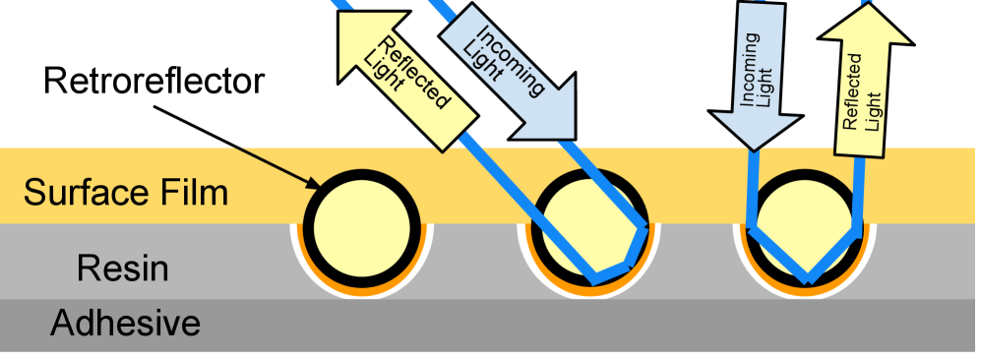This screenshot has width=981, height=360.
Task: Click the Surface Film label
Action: coord(126,192)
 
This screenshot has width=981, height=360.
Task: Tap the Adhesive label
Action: coord(126,322)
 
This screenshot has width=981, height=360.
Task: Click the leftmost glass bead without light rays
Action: coord(361,224)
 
